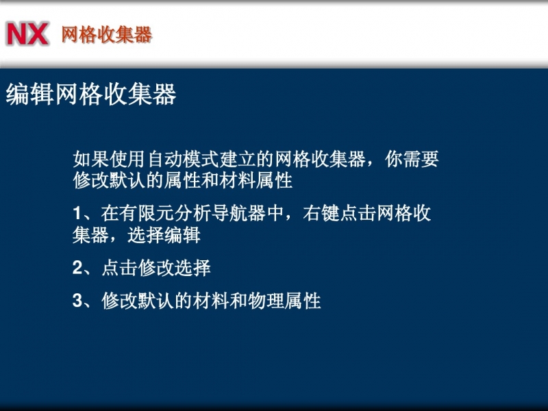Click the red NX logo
coord(27,34)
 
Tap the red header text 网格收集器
coord(107,35)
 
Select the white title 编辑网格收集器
coord(91,94)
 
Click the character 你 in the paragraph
coord(393,160)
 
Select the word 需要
coord(421,160)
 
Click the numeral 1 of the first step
coord(77,213)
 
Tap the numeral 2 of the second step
coord(77,268)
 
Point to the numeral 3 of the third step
coord(77,301)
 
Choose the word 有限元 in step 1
coord(147,213)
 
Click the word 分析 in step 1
coord(192,213)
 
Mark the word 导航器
coord(238,213)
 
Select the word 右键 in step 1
coord(321,213)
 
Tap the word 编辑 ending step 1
coord(182,235)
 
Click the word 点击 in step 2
coord(119,268)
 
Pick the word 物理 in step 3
coord(266,301)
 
